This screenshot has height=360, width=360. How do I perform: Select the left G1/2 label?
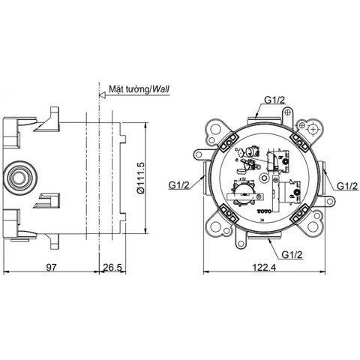(x=180, y=182)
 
